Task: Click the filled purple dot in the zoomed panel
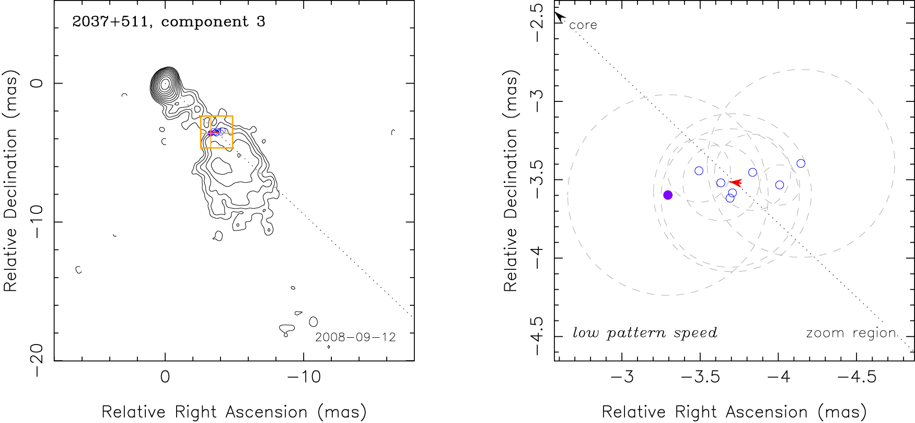tap(668, 195)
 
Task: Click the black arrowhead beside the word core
tap(560, 17)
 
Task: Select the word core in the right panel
tap(583, 25)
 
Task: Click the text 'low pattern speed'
tap(645, 333)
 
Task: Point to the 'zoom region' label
tap(851, 333)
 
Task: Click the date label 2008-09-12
tap(355, 337)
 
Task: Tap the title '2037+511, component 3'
tap(168, 21)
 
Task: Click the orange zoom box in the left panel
tap(217, 117)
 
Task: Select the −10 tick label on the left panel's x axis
tap(304, 377)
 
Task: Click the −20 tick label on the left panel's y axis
tap(37, 361)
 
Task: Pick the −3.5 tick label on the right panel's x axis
tap(700, 377)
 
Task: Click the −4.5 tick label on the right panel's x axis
tap(856, 377)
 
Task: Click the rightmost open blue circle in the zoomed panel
tap(801, 164)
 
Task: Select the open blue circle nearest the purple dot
tap(699, 171)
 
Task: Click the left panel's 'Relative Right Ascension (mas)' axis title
tap(234, 412)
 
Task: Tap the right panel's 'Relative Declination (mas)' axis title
tap(511, 180)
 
